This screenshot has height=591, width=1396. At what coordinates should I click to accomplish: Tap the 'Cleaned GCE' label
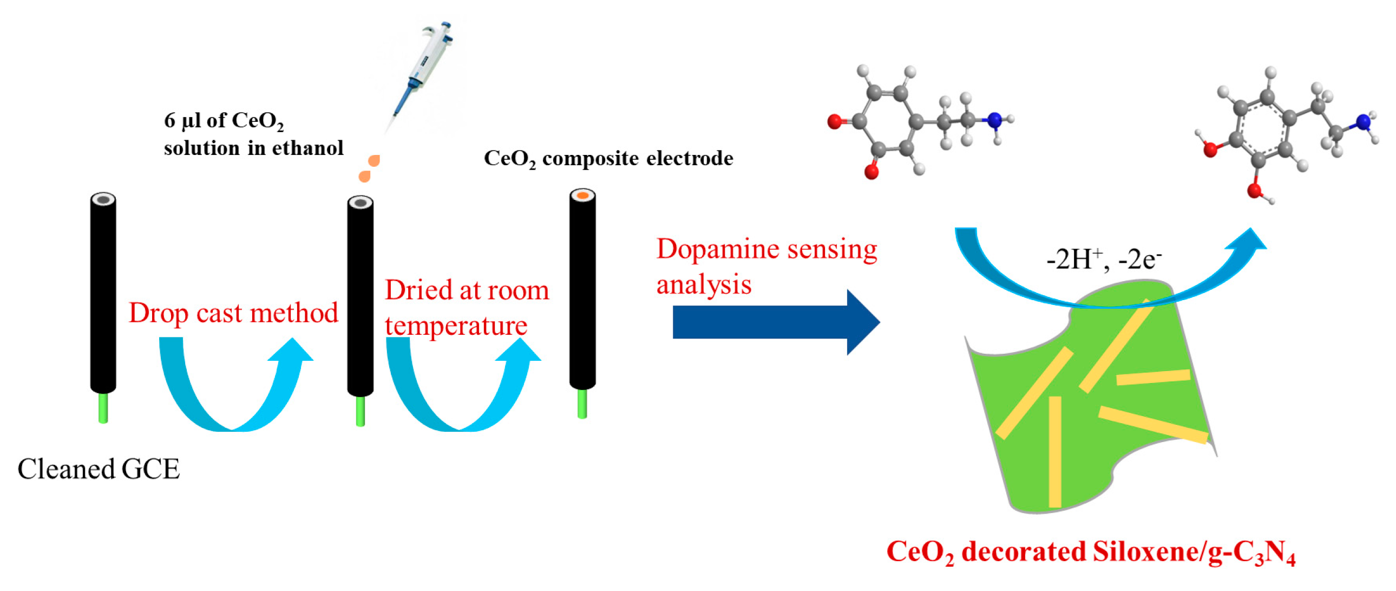[98, 469]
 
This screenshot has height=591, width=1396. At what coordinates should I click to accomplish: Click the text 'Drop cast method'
[233, 314]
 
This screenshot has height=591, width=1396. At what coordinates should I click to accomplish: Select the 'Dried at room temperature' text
[466, 308]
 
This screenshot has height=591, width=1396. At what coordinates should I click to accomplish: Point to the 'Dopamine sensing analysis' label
[765, 266]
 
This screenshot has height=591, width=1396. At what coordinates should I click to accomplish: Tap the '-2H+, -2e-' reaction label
[1103, 259]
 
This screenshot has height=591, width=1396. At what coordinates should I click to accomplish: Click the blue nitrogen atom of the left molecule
[994, 120]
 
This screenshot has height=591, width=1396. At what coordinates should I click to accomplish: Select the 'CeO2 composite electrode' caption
[607, 159]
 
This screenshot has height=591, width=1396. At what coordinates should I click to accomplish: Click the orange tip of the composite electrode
[582, 195]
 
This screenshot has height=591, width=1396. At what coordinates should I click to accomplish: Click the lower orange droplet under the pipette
[364, 176]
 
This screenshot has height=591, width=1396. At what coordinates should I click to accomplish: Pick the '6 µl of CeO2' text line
[223, 120]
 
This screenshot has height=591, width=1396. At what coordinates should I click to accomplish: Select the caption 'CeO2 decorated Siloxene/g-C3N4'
[1090, 552]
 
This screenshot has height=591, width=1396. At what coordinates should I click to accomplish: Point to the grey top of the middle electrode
[360, 203]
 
